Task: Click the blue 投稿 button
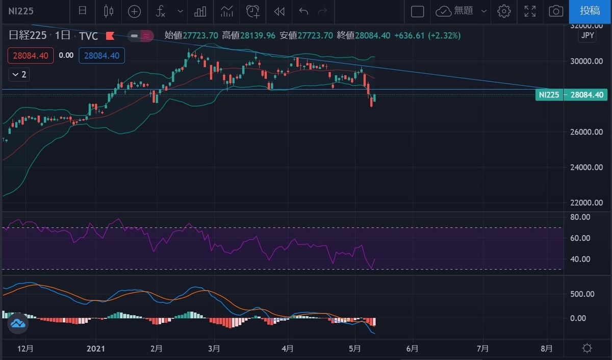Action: click(590, 11)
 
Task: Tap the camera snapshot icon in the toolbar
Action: click(556, 11)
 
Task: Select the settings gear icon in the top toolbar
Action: click(504, 11)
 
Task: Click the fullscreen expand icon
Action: click(530, 11)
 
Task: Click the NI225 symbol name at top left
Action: click(21, 11)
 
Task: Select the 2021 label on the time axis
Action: click(96, 349)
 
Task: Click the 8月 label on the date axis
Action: click(547, 349)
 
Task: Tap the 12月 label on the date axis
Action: click(25, 349)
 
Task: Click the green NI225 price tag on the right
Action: click(549, 95)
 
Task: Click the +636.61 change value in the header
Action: click(412, 36)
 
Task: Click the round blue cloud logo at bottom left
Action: click(17, 323)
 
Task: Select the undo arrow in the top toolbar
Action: click(304, 11)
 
